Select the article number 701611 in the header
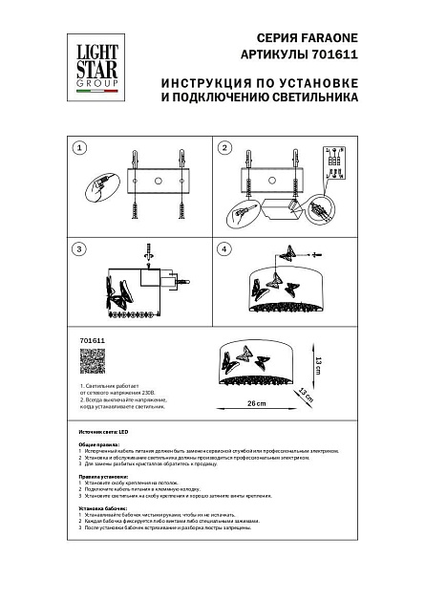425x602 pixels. coord(335,54)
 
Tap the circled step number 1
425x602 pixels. coord(80,148)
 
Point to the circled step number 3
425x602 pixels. coord(80,249)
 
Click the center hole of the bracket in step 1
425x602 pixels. coord(157,180)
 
